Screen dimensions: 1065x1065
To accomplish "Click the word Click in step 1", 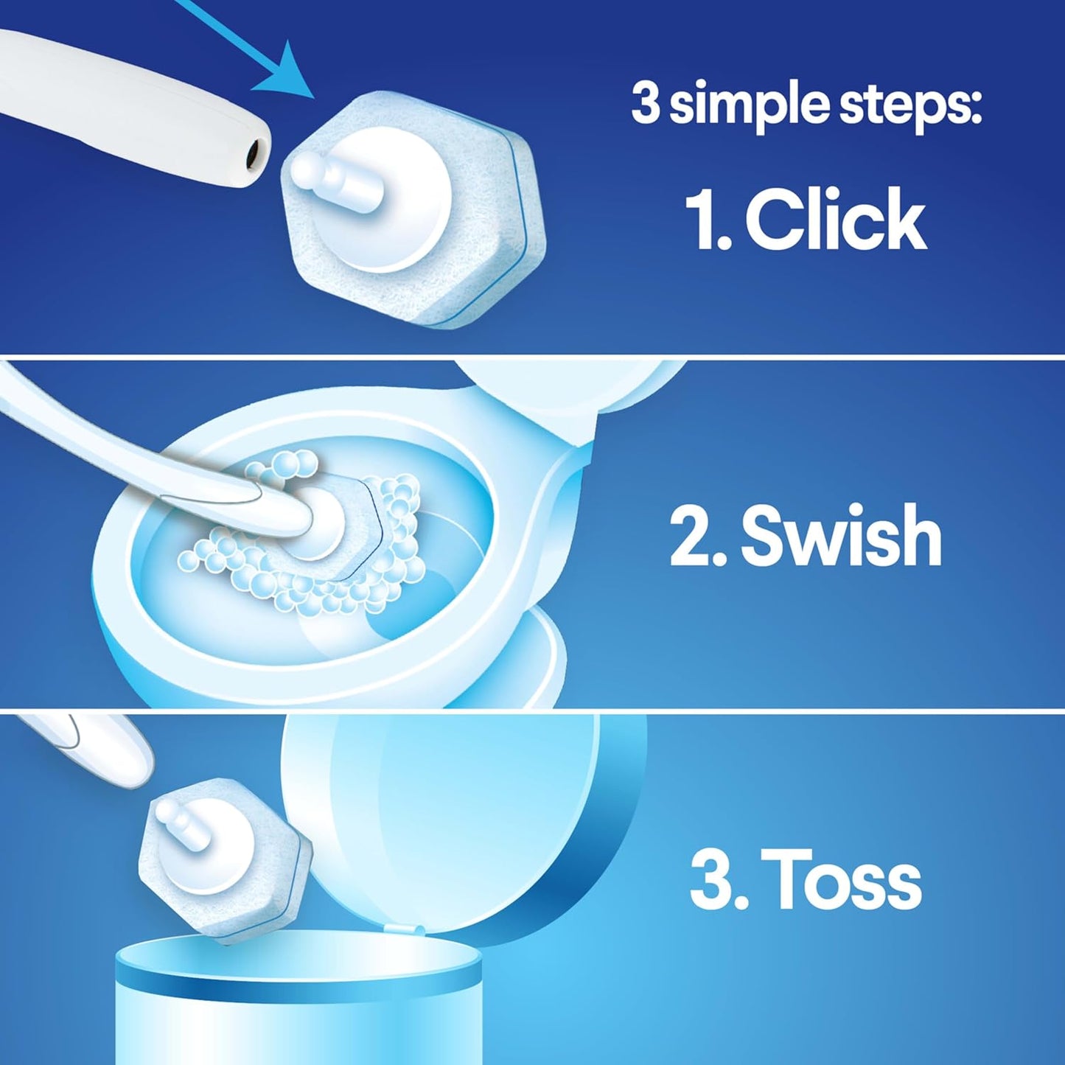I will (836, 219).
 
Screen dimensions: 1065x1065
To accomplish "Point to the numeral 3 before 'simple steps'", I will (646, 105).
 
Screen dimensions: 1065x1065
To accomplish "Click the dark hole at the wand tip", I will (254, 153).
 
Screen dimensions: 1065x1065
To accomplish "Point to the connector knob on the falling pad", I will (177, 818).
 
